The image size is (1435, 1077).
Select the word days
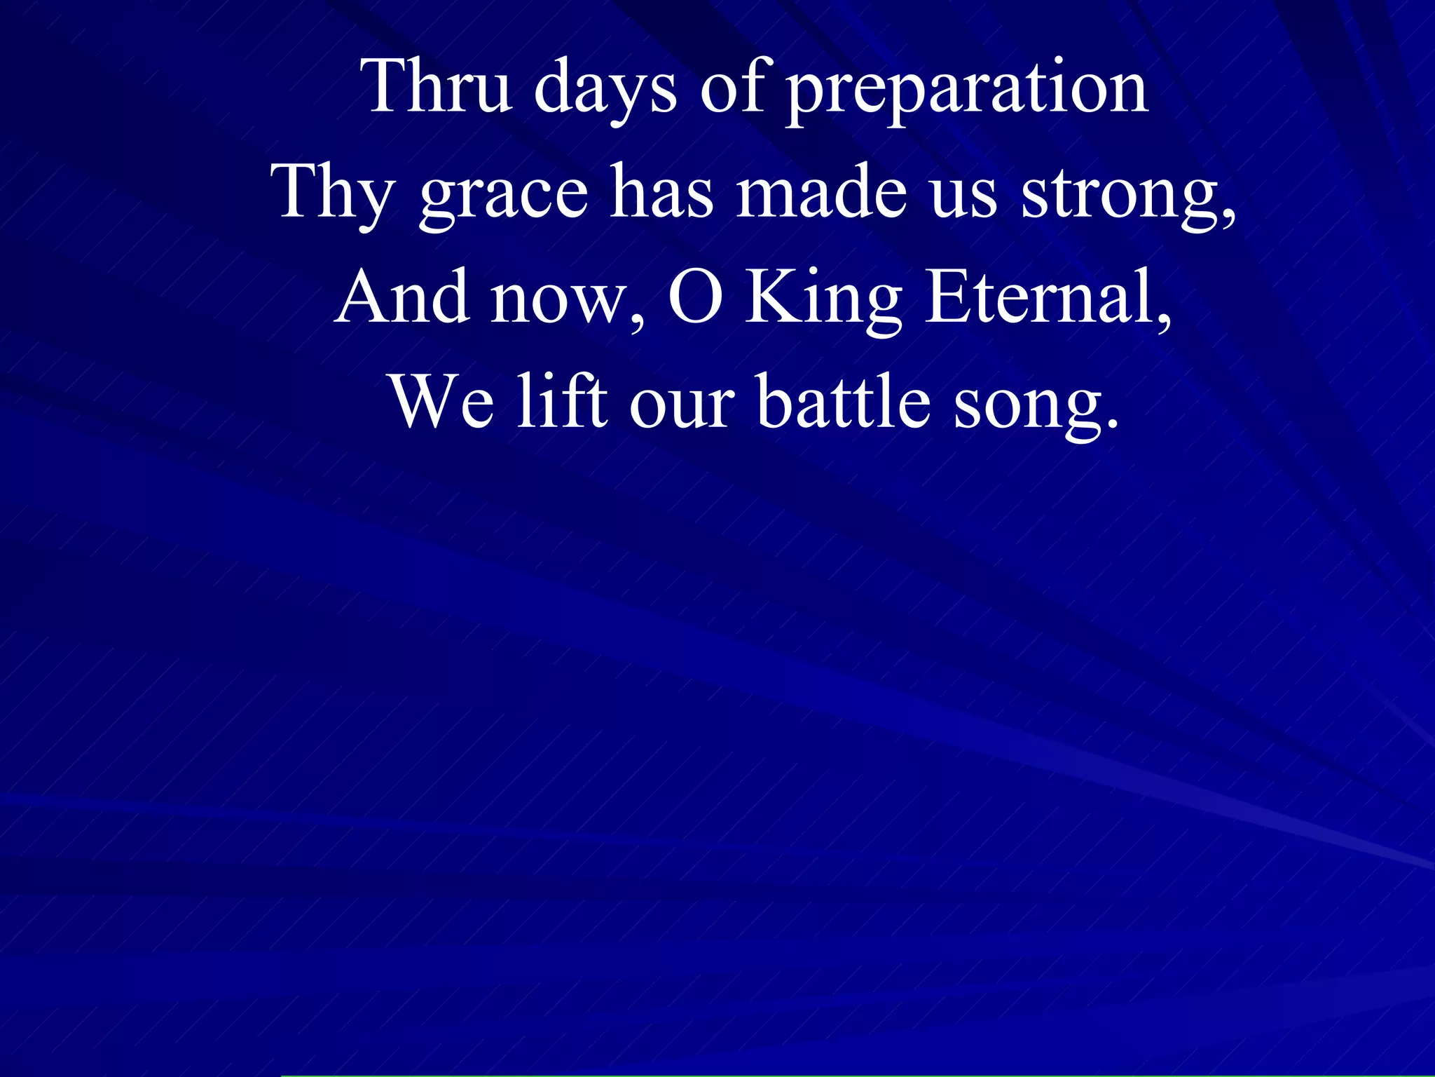coord(605,89)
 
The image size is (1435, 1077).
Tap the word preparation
coord(967,89)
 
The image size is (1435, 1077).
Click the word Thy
coord(334,193)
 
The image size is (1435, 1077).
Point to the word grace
coord(504,195)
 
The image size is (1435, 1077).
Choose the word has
coord(662,191)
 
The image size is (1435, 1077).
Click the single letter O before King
coord(695,297)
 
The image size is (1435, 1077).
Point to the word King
coord(823,300)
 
